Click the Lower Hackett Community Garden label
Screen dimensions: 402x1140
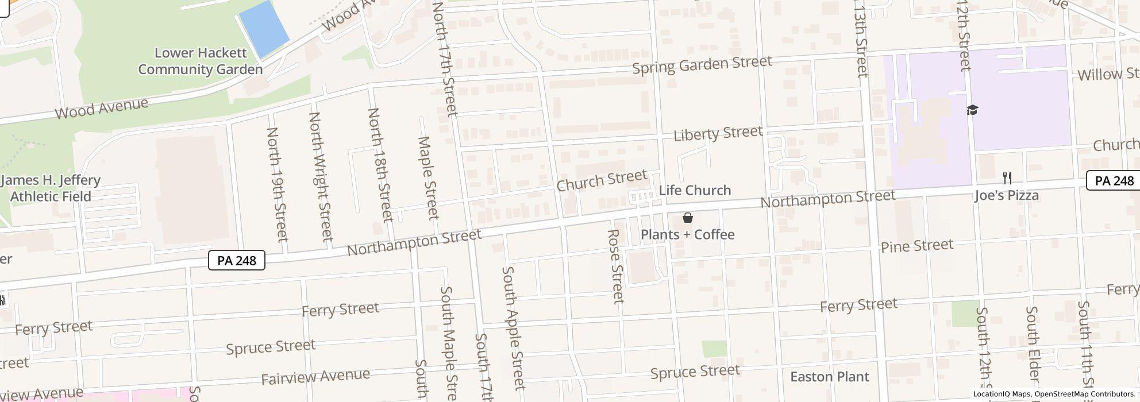(x=200, y=61)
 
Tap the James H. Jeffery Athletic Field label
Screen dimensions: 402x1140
(x=51, y=188)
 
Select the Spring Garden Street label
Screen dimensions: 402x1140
(x=702, y=64)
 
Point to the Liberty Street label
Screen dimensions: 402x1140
(x=718, y=133)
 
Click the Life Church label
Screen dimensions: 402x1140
(x=695, y=190)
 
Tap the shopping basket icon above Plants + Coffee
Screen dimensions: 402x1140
(x=687, y=218)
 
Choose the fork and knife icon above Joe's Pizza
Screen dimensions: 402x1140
(x=1007, y=177)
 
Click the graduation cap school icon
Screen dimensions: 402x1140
(x=972, y=110)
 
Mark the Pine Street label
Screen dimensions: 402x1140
(x=917, y=246)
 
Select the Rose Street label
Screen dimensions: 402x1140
(x=615, y=266)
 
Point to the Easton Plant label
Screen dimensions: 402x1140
(x=829, y=377)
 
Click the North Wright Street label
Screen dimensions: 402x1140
(x=321, y=176)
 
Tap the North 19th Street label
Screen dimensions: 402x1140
(x=276, y=184)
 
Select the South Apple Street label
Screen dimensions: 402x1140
(x=513, y=327)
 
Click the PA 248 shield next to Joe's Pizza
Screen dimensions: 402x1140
(x=1114, y=181)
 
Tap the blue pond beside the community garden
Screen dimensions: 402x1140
(x=264, y=29)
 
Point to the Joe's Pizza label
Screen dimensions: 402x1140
(x=1007, y=196)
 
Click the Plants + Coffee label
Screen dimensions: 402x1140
(x=687, y=234)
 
